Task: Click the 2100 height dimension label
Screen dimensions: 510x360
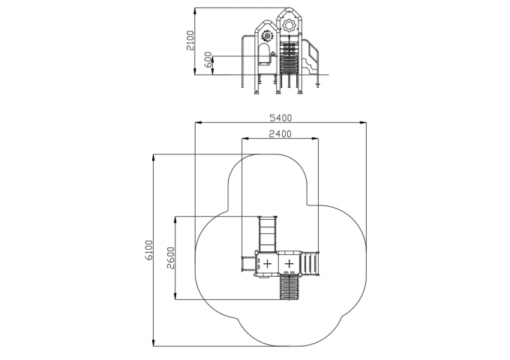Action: pos(190,40)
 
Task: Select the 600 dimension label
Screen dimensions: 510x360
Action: pos(208,59)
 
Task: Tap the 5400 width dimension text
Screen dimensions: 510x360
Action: pos(281,118)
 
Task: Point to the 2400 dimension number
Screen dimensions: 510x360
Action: pos(280,133)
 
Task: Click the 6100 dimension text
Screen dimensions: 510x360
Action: pos(148,250)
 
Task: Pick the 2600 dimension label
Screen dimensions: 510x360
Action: pos(171,258)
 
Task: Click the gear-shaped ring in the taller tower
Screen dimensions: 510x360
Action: pos(289,25)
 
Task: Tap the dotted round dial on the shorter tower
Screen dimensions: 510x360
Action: pos(267,36)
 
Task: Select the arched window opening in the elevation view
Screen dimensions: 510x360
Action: pos(264,55)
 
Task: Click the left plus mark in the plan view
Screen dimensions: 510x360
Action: pos(267,263)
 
